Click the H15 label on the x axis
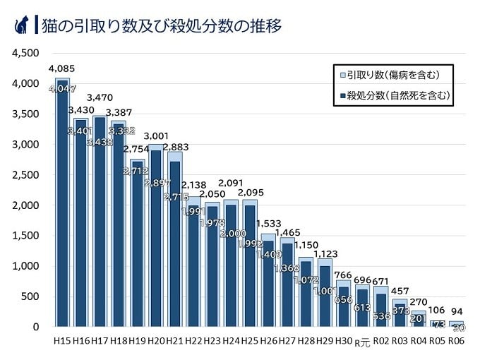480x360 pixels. tap(62, 342)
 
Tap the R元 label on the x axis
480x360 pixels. tap(361, 342)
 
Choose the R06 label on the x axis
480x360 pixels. tap(456, 342)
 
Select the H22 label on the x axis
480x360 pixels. tap(193, 342)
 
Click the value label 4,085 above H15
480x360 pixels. tap(61, 68)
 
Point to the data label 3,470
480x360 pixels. tap(100, 97)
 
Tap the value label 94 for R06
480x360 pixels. tap(456, 313)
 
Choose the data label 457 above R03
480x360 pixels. tap(400, 291)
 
